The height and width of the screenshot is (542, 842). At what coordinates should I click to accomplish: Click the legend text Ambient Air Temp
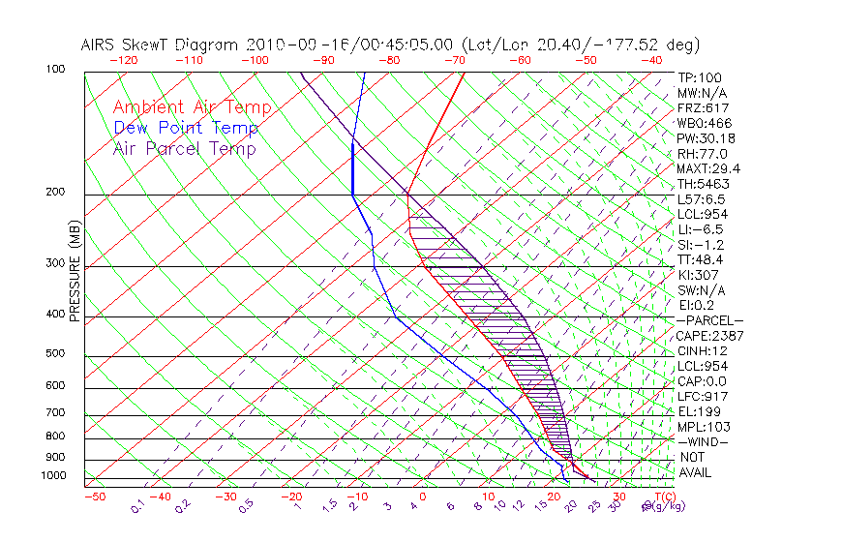click(x=192, y=107)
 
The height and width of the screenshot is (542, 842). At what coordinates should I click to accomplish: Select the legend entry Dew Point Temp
click(x=186, y=128)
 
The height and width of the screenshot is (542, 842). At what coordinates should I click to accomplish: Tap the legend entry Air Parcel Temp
click(x=184, y=148)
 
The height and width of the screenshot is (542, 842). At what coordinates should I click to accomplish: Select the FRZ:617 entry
click(x=703, y=107)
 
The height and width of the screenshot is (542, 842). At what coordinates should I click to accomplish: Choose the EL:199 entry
click(x=700, y=411)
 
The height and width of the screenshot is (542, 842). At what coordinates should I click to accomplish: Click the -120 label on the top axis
click(x=123, y=60)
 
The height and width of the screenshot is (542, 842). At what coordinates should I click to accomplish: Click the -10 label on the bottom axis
click(x=356, y=497)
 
